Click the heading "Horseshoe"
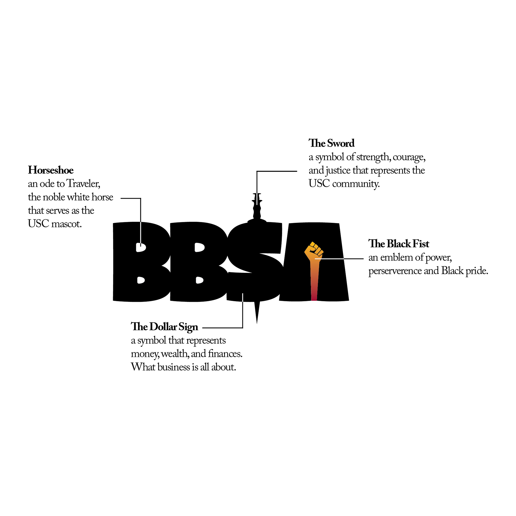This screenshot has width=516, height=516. point(51,170)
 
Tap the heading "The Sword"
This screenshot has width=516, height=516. point(331,143)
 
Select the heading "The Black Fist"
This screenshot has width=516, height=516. point(399,244)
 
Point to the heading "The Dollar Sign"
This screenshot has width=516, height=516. point(164,327)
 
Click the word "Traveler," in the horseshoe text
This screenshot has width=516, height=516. point(83,184)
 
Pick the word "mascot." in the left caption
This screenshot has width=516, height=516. point(66,224)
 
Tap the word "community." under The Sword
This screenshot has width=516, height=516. point(356,184)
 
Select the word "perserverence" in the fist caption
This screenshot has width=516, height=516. point(395,271)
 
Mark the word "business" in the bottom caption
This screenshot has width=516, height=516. point(174,367)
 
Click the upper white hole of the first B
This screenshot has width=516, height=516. point(141,247)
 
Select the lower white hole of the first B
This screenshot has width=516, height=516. point(141,280)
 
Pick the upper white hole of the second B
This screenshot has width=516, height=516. point(199,247)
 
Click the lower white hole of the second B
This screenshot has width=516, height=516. point(199,280)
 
